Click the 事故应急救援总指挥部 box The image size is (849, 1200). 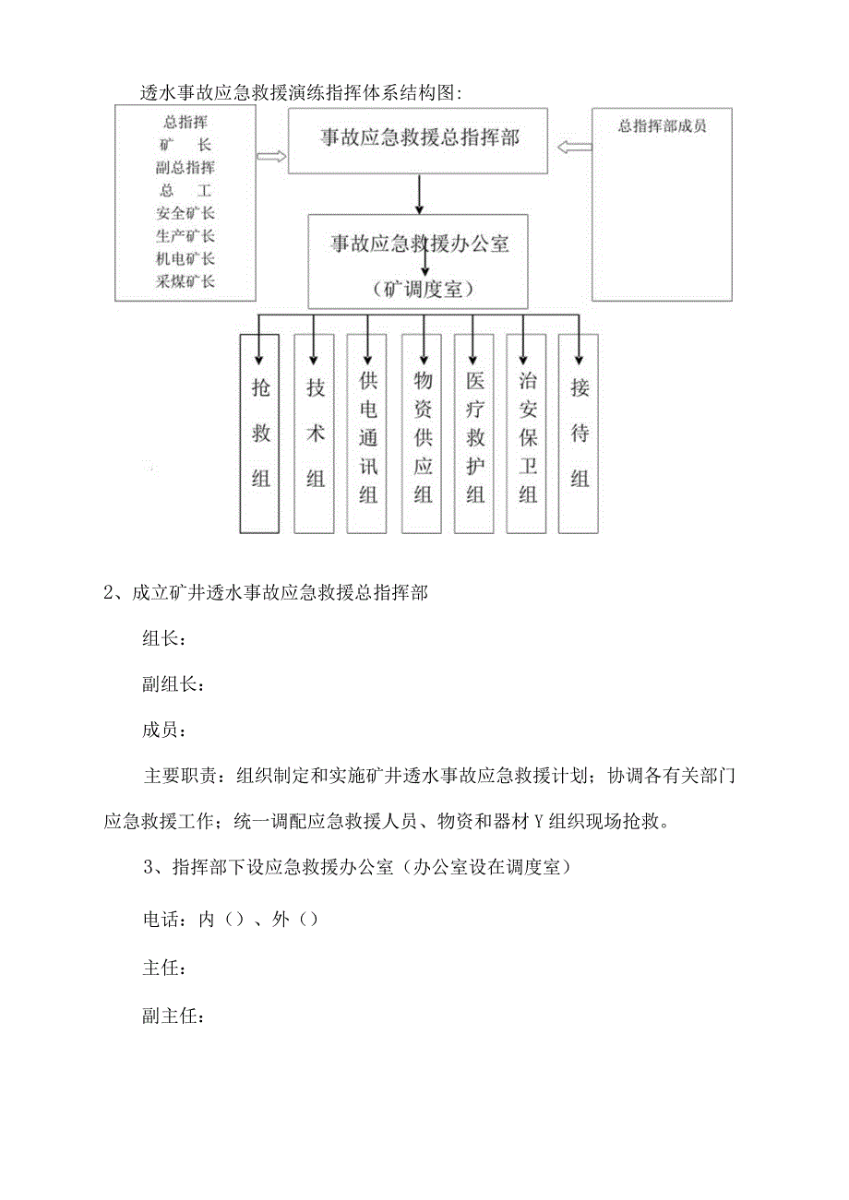point(420,140)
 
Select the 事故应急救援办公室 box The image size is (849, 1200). point(418,261)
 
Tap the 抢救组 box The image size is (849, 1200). point(259,433)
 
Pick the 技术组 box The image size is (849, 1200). point(314,433)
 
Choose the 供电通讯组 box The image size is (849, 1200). point(367,433)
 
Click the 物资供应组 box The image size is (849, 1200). point(422,433)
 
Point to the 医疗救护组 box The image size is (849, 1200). point(474,433)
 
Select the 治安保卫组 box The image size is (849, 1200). point(527,433)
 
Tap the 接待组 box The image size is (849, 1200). point(579,433)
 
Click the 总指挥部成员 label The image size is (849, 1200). point(662,126)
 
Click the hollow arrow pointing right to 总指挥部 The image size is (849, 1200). point(272,157)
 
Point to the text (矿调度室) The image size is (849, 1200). point(424,290)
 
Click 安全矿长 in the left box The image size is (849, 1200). point(185,213)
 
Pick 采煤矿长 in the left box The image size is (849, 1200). point(185,281)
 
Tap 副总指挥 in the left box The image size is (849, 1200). point(185,167)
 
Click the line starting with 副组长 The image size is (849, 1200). point(173,684)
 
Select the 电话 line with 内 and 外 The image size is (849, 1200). point(231,920)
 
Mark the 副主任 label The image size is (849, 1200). point(173,1016)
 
